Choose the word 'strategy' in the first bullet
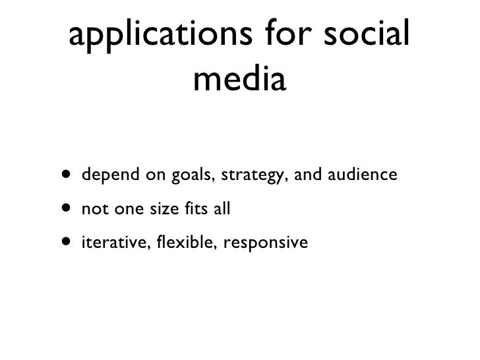pos(250,176)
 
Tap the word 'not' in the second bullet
pos(92,210)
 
